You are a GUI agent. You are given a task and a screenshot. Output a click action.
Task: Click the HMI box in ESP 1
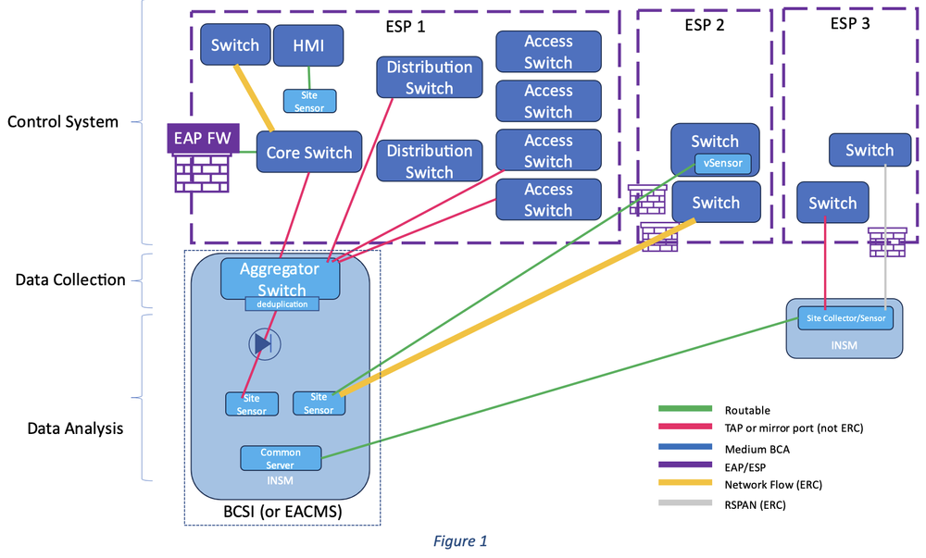[x=309, y=45]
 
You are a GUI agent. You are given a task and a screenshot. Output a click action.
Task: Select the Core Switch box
[x=309, y=153]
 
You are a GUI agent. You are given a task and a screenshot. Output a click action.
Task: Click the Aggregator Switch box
[x=280, y=279]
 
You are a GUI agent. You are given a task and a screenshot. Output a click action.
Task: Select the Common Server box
[x=281, y=459]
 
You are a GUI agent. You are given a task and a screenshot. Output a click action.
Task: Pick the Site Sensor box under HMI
[x=309, y=102]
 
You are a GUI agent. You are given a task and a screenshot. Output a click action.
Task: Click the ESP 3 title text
[x=850, y=24]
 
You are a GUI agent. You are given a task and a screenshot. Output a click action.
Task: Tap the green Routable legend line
[x=684, y=409]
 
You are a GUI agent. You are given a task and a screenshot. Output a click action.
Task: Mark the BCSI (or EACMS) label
[x=282, y=512]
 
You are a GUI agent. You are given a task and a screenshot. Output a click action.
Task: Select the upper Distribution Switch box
[x=429, y=78]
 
